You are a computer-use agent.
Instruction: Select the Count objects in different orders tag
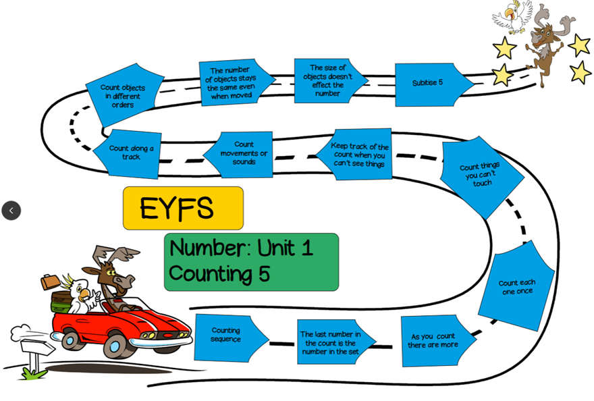tap(124, 95)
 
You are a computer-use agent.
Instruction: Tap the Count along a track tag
tap(130, 153)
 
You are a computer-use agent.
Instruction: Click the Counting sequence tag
tap(227, 336)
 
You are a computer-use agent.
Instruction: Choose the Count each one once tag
tap(516, 287)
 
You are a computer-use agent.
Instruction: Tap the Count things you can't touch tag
tap(481, 176)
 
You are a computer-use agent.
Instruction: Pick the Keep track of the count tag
tap(358, 155)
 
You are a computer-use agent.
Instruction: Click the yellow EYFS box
tap(183, 208)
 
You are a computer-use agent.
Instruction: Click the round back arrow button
tap(11, 211)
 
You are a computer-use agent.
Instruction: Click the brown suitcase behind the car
tap(50, 281)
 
